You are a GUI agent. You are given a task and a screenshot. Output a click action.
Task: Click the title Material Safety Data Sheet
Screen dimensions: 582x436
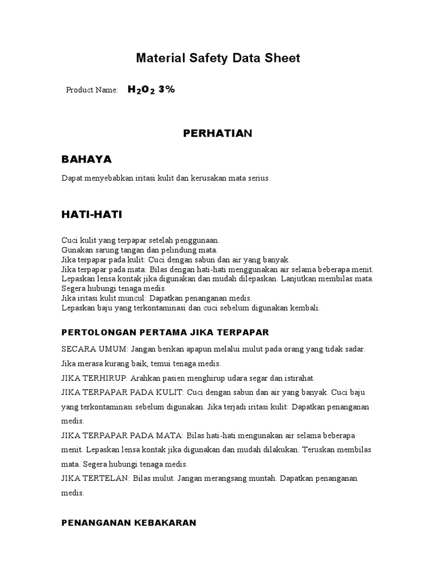[x=218, y=58]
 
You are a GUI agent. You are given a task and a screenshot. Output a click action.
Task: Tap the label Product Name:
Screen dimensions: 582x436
[x=92, y=90]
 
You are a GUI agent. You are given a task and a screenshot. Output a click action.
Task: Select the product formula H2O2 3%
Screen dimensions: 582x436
[x=151, y=89]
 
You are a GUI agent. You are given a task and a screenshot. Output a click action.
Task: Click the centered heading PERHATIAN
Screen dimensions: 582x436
[x=217, y=134]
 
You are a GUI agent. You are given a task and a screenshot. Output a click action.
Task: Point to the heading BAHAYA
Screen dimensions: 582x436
[x=86, y=159]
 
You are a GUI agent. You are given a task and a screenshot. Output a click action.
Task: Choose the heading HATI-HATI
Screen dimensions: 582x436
[x=91, y=214]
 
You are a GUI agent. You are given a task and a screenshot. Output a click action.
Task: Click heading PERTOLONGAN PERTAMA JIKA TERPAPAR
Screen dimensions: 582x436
[x=165, y=332]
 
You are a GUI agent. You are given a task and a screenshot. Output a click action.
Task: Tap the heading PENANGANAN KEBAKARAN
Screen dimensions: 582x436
[x=129, y=522]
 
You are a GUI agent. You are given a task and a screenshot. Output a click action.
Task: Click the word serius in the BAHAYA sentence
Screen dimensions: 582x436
[x=258, y=178]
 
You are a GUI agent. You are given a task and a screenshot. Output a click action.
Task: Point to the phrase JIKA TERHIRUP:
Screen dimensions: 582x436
[x=95, y=378]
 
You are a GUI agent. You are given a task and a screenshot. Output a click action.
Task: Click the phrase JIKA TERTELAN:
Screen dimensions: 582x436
[x=96, y=479]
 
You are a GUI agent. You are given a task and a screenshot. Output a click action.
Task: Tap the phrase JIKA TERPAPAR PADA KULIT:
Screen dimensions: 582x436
[x=123, y=392]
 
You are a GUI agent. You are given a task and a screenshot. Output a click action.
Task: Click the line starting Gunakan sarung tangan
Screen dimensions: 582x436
[x=140, y=250]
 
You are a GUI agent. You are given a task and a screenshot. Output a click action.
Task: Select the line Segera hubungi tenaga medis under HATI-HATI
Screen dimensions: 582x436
[x=114, y=289]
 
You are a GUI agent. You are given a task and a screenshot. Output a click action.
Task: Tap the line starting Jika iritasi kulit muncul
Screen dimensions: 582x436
[x=157, y=298]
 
